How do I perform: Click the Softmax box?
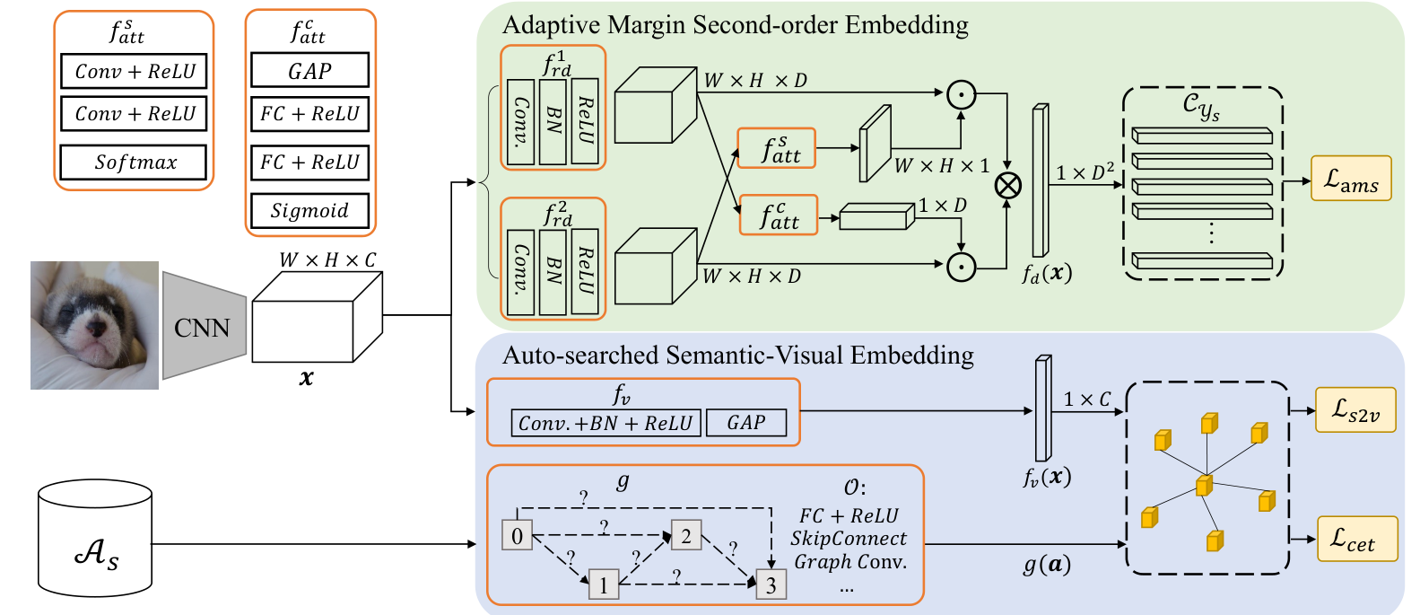click(133, 163)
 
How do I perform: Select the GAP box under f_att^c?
click(310, 70)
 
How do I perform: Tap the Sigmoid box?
click(310, 211)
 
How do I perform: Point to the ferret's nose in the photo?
click(96, 328)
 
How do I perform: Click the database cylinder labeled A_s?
click(95, 538)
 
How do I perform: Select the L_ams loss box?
click(1351, 179)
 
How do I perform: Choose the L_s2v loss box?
click(1355, 410)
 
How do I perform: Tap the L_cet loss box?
click(1357, 539)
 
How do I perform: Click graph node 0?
click(517, 536)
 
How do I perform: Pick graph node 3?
click(771, 584)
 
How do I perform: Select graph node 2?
click(686, 535)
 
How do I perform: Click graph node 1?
click(604, 584)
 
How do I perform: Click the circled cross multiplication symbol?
click(1008, 186)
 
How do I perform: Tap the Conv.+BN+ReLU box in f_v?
click(606, 423)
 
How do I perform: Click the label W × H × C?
click(327, 259)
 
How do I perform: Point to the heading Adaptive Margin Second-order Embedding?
click(736, 25)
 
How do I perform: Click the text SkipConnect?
click(849, 538)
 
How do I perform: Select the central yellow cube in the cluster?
click(1205, 486)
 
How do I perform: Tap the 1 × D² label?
click(1085, 171)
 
